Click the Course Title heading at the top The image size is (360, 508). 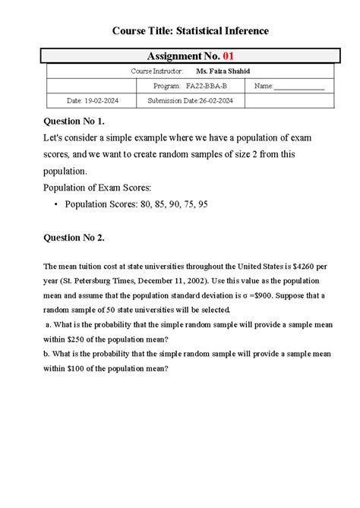(190, 30)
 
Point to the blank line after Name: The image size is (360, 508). (299, 87)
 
